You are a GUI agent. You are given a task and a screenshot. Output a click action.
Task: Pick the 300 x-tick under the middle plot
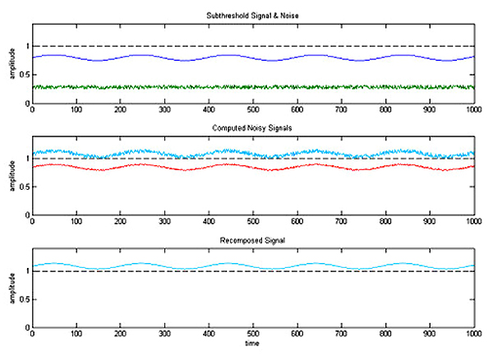[164, 221]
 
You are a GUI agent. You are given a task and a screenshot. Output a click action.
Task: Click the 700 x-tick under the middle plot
[341, 221]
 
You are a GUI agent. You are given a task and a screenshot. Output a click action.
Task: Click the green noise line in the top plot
[246, 86]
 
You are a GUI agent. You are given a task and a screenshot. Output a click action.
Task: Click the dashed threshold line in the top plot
[246, 46]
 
